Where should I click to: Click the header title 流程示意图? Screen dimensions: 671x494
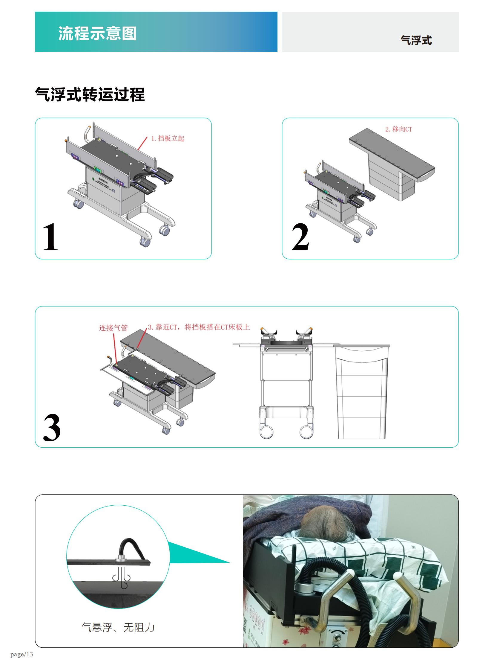point(97,33)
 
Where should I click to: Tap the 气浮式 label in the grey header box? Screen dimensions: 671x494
point(416,40)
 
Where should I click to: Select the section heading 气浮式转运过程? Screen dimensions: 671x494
point(90,94)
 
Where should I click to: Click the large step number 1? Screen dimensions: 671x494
point(50,237)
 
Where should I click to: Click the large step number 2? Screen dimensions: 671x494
point(300,237)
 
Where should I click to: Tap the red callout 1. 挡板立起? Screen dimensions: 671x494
point(168,138)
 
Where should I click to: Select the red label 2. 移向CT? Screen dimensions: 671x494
point(398,129)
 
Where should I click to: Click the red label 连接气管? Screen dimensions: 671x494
point(113,328)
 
